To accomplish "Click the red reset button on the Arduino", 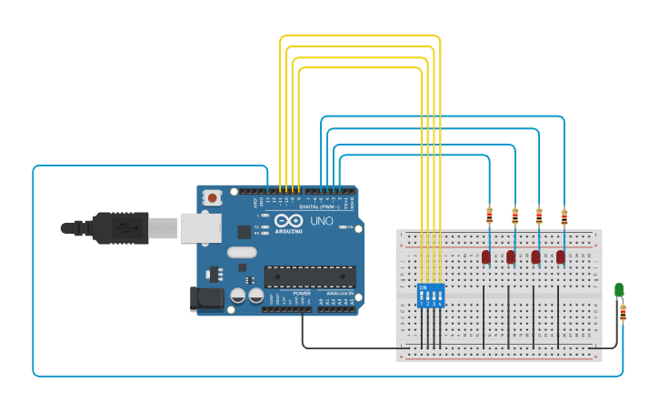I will (x=213, y=197).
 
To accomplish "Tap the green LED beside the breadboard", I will (x=619, y=290).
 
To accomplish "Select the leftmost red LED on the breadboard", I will (x=486, y=256).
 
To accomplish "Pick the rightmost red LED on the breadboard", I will (x=560, y=256).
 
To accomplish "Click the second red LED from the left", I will (x=511, y=256).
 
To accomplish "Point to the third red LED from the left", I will (x=535, y=256).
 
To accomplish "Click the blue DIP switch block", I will (x=431, y=295).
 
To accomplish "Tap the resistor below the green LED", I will (x=623, y=313).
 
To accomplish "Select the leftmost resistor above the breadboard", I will (x=490, y=216).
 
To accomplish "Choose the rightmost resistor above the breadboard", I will (x=564, y=216).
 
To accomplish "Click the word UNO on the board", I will (x=322, y=221).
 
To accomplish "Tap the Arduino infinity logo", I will (x=288, y=221).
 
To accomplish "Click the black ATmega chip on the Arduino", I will (x=310, y=276).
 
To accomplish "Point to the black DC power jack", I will (x=205, y=299).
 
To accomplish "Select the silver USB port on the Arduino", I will (x=200, y=227).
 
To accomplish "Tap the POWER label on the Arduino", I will (x=302, y=294).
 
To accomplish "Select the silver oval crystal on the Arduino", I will (x=242, y=252).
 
